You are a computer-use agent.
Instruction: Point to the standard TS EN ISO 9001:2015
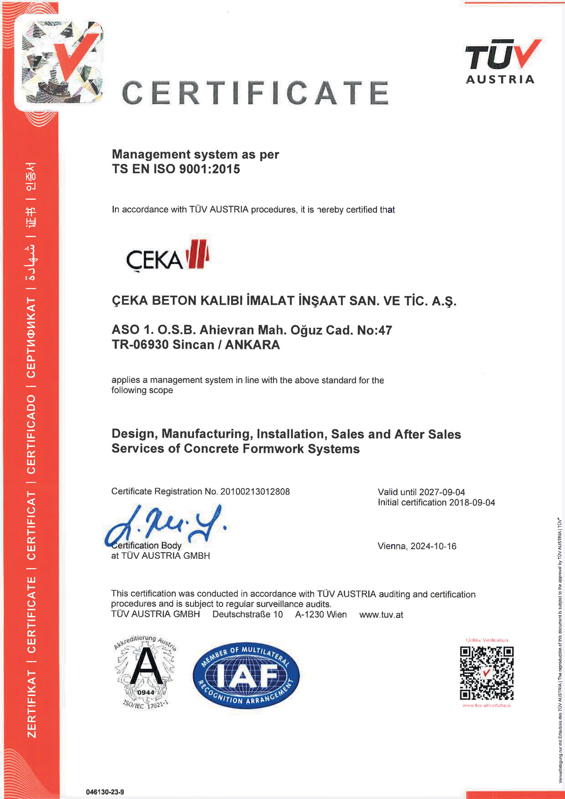click(176, 169)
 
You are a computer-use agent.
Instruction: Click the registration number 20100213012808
click(255, 492)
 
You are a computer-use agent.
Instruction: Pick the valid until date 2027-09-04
click(442, 492)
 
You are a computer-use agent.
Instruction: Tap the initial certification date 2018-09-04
click(472, 502)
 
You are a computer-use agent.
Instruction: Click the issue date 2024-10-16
click(433, 546)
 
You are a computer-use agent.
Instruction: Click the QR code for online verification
click(486, 673)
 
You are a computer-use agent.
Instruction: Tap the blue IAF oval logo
click(246, 675)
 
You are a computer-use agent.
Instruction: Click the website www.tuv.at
click(381, 615)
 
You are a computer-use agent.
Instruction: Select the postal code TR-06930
click(140, 345)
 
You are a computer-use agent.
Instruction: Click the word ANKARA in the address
click(252, 345)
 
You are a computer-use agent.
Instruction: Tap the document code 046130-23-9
click(105, 792)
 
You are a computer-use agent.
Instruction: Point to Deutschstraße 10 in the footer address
click(247, 614)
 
